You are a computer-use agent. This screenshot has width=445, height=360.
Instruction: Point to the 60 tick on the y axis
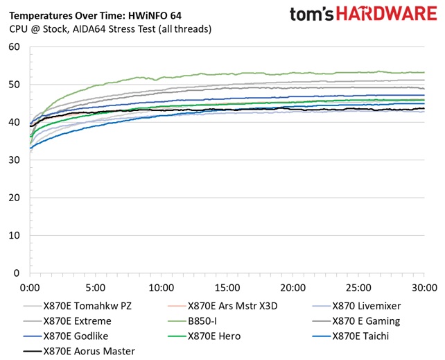(13, 47)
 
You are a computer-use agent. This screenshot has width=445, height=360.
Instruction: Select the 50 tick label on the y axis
(13, 85)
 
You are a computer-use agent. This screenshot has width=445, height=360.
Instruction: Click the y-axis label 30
(13, 160)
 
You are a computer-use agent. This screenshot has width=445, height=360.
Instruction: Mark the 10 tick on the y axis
(13, 236)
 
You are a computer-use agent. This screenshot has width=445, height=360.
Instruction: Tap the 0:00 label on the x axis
(30, 286)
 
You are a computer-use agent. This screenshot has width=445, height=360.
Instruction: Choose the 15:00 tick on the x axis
(227, 286)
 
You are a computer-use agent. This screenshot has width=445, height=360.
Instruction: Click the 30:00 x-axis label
(424, 286)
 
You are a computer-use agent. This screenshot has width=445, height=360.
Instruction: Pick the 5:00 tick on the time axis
(96, 286)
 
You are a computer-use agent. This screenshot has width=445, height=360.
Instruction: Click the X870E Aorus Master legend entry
(89, 351)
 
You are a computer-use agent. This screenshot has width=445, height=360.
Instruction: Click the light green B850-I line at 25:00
(358, 71)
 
